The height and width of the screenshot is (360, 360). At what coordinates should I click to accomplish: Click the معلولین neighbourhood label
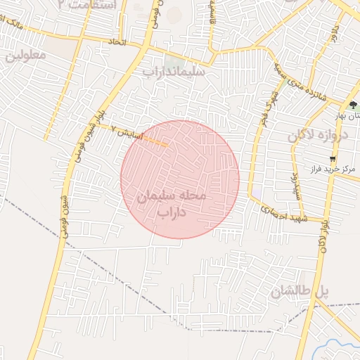point(25,55)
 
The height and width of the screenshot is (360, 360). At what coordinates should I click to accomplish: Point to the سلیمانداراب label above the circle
point(173,71)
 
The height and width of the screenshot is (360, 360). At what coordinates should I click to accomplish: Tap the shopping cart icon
point(332,158)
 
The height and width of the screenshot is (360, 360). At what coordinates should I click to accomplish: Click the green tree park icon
point(352,105)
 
